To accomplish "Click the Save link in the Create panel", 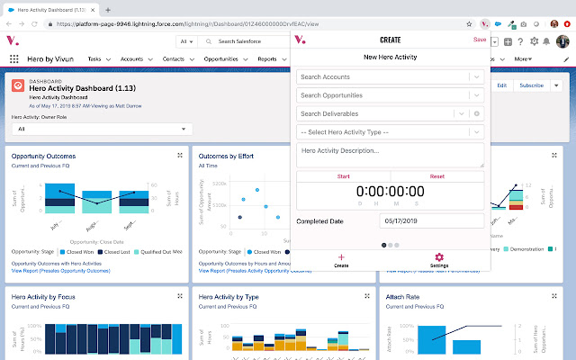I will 479,40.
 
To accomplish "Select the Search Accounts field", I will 382,76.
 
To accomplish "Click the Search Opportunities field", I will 382,94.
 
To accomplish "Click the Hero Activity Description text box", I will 390,155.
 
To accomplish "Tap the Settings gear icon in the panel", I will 439,260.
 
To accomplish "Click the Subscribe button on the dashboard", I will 531,85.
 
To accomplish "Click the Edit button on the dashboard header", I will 501,85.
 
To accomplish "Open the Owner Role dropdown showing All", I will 98,129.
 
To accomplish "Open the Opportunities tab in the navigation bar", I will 220,58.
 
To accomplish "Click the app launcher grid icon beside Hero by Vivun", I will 14,58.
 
